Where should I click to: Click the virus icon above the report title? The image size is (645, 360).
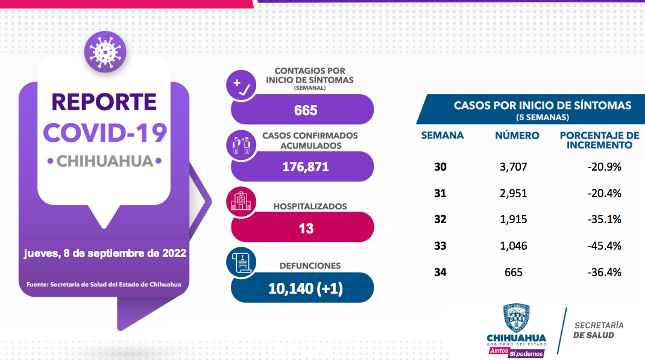105,52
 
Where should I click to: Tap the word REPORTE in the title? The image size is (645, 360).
104,101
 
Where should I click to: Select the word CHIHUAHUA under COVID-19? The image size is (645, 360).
104,161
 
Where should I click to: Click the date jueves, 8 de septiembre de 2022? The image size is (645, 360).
105,253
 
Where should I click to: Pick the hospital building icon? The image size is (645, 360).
241,202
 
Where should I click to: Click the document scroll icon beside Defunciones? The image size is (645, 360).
241,263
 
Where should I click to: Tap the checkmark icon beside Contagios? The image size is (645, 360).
241,85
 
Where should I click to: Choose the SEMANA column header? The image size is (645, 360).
442,135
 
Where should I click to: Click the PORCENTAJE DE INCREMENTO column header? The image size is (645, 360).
599,140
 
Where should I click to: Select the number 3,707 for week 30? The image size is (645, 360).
514,166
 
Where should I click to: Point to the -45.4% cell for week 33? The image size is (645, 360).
604,245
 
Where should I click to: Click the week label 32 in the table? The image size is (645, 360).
441,219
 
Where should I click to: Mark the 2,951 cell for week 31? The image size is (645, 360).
514,193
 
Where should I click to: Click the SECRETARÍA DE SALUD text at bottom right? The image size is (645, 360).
598,330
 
